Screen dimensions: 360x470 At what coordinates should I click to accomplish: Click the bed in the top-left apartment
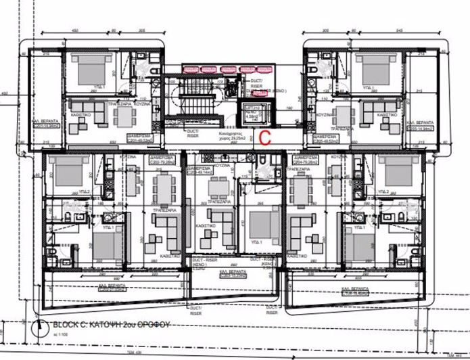tap(91, 69)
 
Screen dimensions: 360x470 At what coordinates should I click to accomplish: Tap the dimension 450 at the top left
tap(6, 93)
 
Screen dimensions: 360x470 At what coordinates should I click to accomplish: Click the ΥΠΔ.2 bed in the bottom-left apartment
tap(67, 173)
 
